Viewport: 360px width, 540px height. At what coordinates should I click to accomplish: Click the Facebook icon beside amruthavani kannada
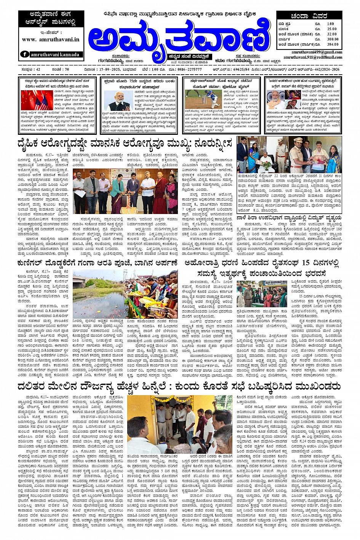tap(25, 54)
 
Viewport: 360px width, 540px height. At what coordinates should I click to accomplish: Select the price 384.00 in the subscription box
tap(333, 44)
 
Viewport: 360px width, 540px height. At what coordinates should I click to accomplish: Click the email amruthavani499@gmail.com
tap(317, 52)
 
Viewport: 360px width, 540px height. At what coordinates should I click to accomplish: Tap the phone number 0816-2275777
tap(189, 70)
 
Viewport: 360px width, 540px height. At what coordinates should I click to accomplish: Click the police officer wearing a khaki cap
tap(298, 152)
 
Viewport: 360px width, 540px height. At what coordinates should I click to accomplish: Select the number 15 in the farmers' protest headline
tap(306, 263)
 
